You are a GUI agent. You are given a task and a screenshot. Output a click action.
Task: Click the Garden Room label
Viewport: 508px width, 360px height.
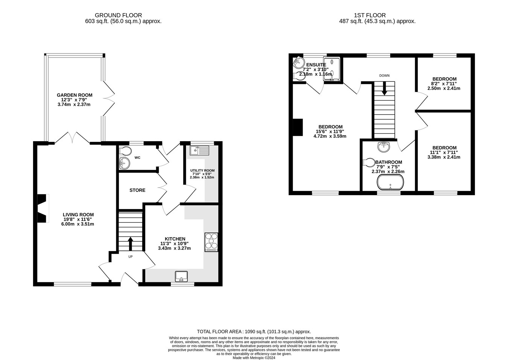tap(75, 95)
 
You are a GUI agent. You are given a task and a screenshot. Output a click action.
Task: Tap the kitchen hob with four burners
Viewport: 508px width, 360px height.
tap(211, 242)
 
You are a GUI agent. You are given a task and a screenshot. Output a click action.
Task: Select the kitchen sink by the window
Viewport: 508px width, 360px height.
tap(181, 276)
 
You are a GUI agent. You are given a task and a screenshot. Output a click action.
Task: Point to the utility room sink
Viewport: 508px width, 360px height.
tap(199, 151)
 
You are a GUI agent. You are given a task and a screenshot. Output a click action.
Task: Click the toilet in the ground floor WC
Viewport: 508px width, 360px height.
tap(125, 151)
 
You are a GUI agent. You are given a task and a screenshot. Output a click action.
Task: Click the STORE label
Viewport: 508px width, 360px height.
tap(137, 190)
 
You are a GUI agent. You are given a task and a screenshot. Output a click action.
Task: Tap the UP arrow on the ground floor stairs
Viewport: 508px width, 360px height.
tap(131, 244)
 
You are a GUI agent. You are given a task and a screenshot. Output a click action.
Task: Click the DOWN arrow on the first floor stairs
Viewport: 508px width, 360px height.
tap(385, 88)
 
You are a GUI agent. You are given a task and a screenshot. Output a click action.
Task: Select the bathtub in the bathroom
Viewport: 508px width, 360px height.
tap(390, 182)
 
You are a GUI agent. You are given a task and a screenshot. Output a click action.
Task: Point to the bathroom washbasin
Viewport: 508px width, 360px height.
tap(384, 146)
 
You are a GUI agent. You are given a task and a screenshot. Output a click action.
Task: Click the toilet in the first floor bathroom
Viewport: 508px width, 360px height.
tap(369, 162)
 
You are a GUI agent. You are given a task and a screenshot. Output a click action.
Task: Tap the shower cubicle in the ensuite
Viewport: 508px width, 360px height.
tap(332, 69)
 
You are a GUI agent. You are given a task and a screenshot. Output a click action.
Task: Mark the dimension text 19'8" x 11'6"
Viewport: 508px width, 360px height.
tap(78, 219)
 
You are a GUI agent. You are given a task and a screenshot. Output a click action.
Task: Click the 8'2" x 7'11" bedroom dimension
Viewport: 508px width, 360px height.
tap(444, 84)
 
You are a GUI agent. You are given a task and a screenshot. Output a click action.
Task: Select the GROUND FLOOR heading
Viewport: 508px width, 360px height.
tap(119, 15)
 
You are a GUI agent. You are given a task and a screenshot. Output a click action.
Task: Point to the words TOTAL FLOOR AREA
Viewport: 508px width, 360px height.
tap(219, 332)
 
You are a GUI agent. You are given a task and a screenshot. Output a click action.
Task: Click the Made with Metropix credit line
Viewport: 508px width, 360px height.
tap(254, 358)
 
